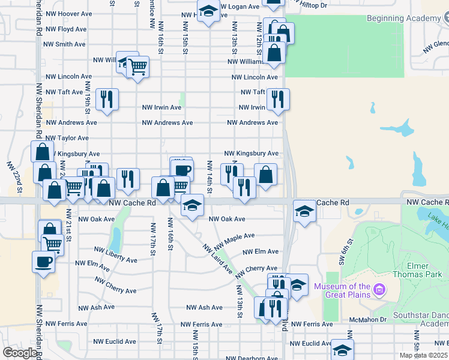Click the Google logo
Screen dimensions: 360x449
click(19, 353)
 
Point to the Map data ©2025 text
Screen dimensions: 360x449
click(423, 355)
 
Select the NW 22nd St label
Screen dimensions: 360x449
click(14, 178)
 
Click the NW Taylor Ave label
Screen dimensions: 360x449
click(67, 138)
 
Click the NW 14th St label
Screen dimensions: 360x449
click(209, 177)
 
